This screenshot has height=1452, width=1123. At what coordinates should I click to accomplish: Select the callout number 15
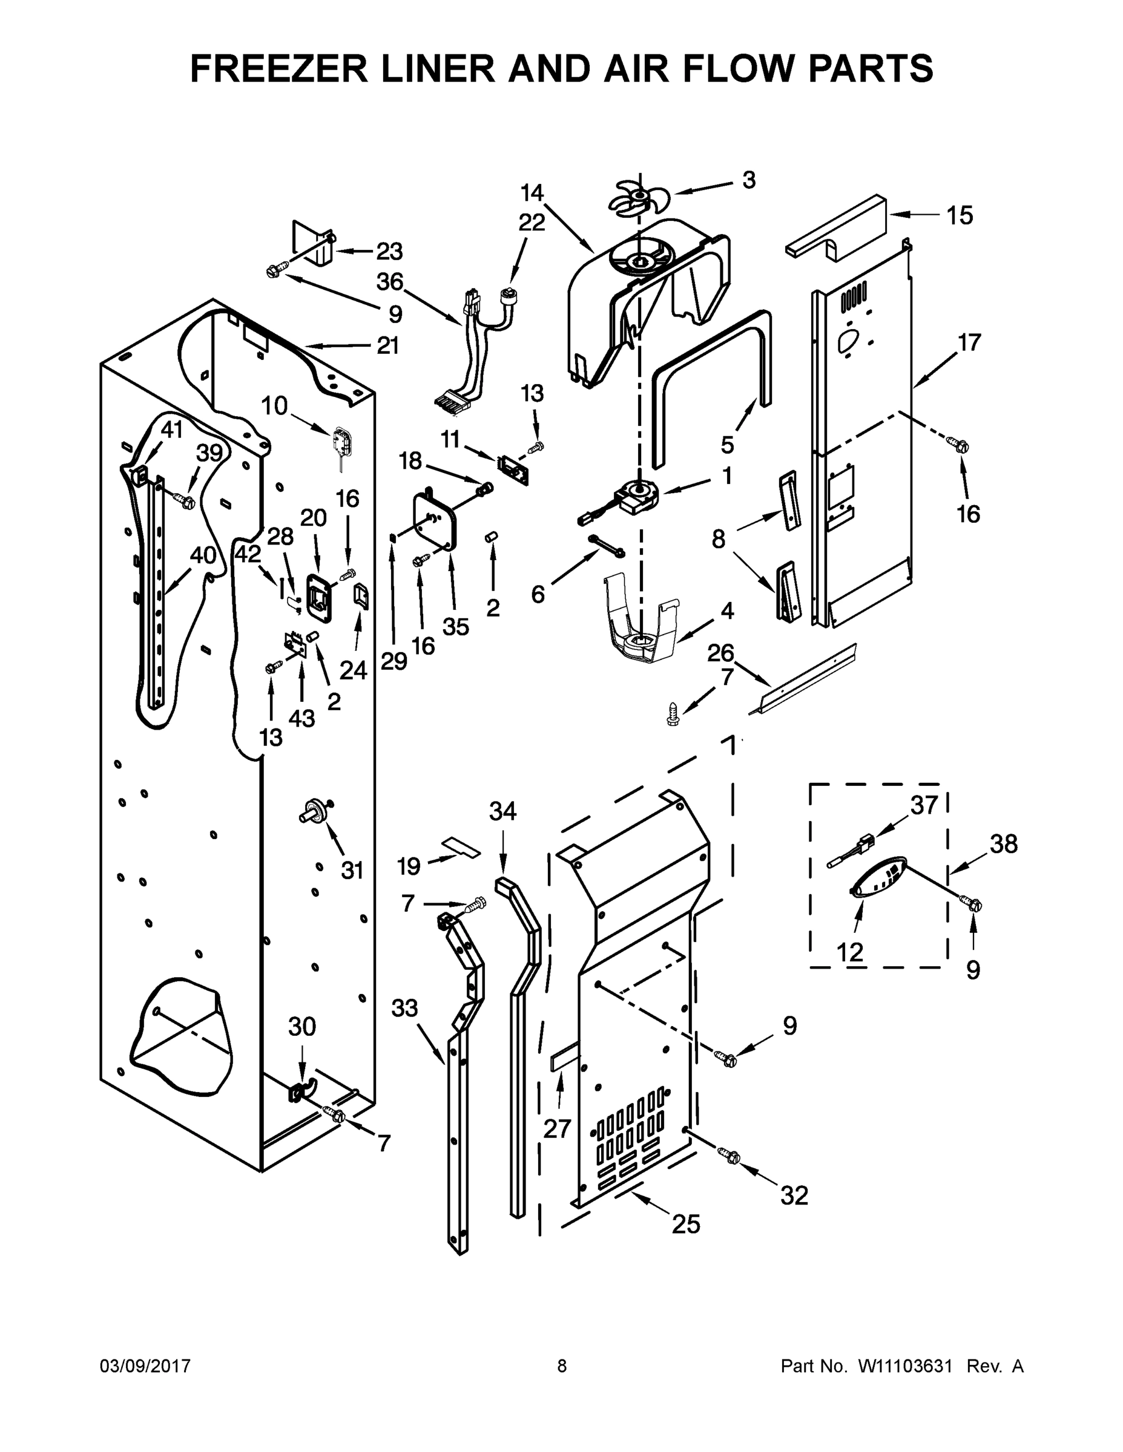coord(960,215)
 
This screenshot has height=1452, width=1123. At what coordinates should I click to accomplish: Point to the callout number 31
coord(352,869)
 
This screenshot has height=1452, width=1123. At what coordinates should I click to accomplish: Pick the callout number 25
coord(686,1224)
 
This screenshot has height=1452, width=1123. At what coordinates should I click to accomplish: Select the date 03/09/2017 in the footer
coord(145,1365)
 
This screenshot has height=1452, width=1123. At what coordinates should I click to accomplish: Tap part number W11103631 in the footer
coord(905,1365)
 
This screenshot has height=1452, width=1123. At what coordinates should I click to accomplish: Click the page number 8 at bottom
coord(562,1365)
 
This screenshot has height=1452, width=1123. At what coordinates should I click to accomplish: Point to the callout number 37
coord(923,805)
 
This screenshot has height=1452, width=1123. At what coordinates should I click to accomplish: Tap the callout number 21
coord(387,345)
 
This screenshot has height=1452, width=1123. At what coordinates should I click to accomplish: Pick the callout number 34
coord(502,811)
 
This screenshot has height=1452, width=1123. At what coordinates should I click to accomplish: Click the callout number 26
coord(720,653)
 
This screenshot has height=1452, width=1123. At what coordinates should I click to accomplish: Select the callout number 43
coord(301,718)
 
